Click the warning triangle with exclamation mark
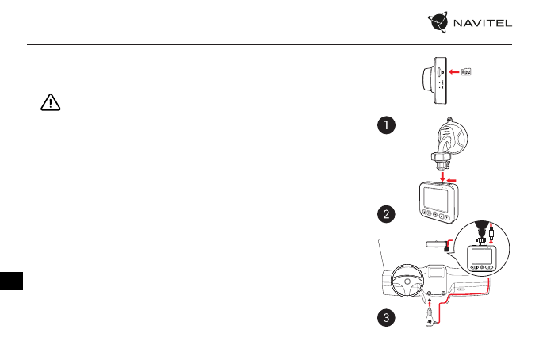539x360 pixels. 49,104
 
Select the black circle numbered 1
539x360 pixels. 384,126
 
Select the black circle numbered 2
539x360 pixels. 384,214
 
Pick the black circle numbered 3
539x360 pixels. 384,319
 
